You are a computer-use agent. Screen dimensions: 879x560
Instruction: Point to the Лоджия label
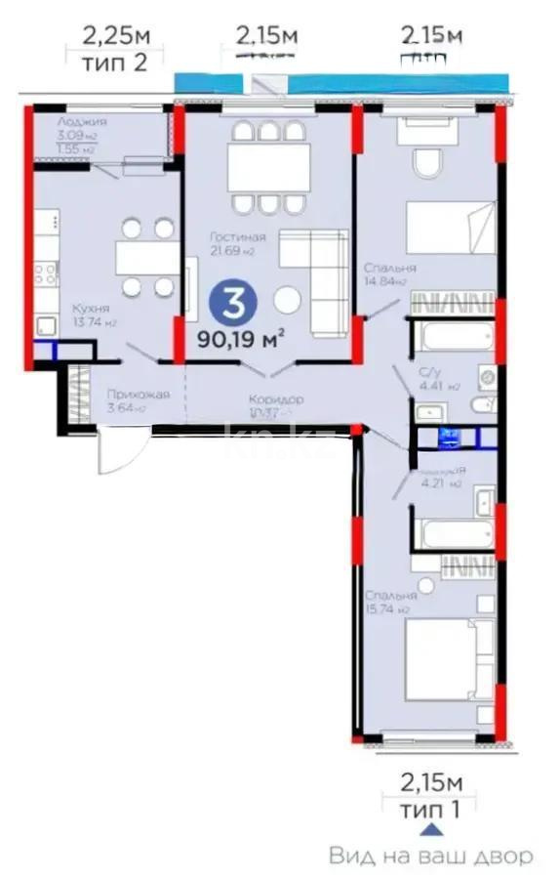pos(82,122)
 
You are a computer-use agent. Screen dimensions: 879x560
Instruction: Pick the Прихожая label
pos(138,395)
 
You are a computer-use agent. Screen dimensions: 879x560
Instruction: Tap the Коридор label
pos(276,399)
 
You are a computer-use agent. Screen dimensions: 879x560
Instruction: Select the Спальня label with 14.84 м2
pos(390,268)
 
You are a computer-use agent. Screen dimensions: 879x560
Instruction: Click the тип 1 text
pos(430,807)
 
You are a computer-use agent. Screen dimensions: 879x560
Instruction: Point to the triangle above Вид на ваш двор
pos(429,829)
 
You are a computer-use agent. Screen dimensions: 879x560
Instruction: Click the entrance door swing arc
pos(134,451)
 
